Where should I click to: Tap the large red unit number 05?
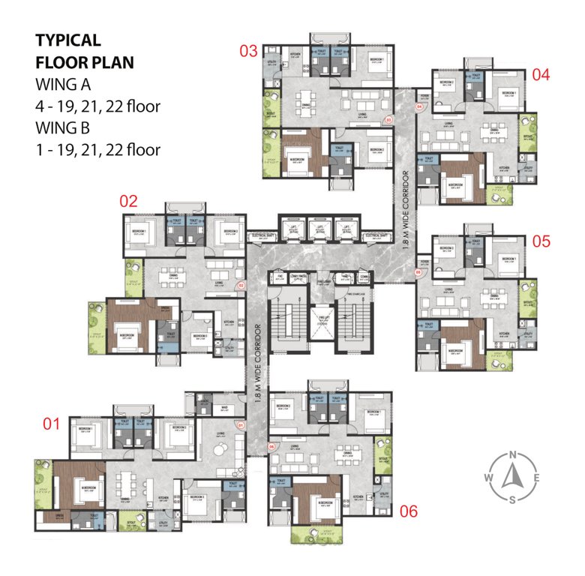coord(541,241)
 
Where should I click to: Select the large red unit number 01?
coord(50,424)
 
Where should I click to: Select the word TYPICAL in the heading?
coord(67,40)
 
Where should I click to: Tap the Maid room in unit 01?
coord(224,409)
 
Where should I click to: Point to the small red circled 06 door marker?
coord(271,448)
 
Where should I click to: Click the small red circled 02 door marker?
coord(241,286)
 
